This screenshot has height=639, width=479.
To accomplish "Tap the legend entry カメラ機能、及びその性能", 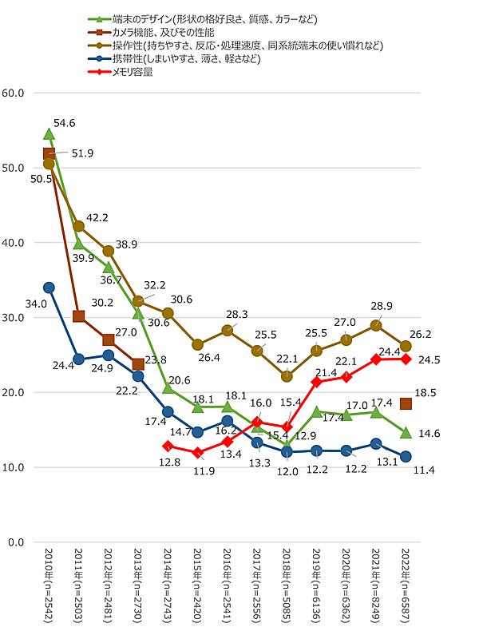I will point(164,32).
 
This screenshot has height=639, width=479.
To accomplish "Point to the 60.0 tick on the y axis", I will point(16,93).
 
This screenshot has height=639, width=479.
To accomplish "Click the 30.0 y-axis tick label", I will point(16,317).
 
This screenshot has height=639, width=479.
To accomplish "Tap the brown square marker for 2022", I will point(406,404).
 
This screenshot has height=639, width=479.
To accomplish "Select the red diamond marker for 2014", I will point(168,447).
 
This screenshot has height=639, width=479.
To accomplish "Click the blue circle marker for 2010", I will point(49,288).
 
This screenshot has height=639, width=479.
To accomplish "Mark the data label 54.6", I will point(65,123).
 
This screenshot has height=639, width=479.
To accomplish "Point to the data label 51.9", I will point(82,153).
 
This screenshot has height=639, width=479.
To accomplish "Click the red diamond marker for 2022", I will point(406,359).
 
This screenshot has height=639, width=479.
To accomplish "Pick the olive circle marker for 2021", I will point(376,325).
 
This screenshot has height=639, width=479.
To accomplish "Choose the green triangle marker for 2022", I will point(406,432).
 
